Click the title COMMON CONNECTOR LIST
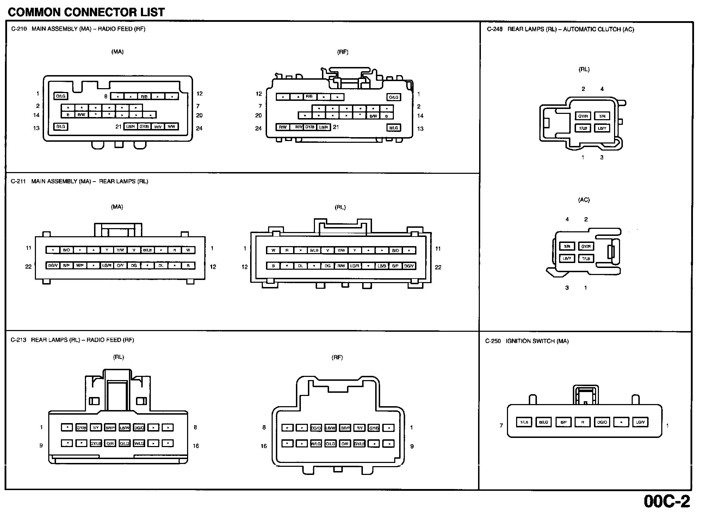86,12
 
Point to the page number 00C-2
667,501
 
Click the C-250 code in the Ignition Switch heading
493,341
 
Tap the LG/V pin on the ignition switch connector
640,422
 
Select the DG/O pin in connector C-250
602,422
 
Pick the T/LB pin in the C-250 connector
524,422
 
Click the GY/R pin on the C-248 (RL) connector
583,116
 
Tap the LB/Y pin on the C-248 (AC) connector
567,258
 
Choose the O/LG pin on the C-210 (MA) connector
61,96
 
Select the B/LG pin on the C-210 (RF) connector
394,128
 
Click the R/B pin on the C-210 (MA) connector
144,96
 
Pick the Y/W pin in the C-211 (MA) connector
120,250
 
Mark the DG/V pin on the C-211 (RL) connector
409,266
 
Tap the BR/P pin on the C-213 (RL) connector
110,428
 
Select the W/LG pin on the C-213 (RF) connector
316,444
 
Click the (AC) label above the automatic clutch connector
584,200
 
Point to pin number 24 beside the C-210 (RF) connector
259,128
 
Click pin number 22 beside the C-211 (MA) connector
29,267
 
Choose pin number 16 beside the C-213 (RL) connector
196,446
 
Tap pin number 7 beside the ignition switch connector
501,426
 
